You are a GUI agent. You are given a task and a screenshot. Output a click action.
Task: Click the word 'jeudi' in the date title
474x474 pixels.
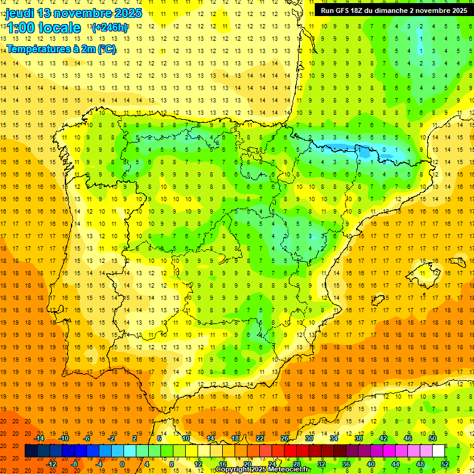pos(20,13)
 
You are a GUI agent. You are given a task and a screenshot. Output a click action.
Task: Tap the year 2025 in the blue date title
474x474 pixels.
pos(127,13)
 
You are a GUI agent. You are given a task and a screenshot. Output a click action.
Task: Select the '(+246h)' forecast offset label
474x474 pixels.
pos(109,28)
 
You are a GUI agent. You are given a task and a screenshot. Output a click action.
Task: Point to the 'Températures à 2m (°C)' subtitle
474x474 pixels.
pos(61,49)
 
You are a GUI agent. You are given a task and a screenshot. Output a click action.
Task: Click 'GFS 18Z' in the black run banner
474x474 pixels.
pos(349,10)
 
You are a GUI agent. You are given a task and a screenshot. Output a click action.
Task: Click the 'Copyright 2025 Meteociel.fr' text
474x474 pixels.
pos(262,470)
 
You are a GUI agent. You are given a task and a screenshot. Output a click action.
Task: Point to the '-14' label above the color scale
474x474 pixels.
pos(39,438)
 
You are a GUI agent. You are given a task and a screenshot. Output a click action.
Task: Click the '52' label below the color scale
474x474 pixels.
pos(445,464)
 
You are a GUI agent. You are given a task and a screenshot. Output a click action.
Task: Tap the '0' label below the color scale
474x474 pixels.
pos(122,464)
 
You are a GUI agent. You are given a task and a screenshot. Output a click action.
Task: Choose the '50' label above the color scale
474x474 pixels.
pos(433,438)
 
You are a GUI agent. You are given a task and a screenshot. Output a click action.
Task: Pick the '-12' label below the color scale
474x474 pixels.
pos(51,464)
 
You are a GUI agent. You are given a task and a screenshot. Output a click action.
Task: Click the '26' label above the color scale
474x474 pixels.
pos(285,438)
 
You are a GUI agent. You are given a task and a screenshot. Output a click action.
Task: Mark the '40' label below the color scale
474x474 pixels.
pos(371,464)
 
